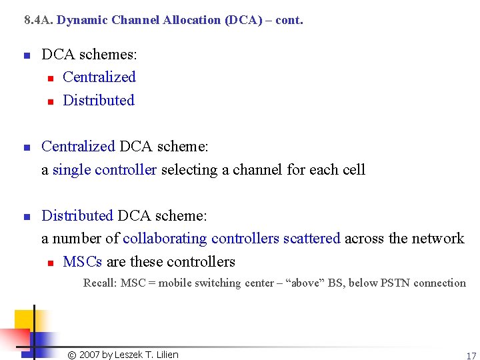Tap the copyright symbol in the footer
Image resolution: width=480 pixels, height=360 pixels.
[x=72, y=355]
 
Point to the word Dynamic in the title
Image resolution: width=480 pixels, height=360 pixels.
[x=83, y=20]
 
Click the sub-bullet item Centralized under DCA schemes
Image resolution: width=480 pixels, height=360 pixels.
[x=99, y=77]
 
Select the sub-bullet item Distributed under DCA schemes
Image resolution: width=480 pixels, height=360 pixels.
[x=98, y=101]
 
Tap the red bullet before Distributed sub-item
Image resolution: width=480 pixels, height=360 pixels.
[x=49, y=101]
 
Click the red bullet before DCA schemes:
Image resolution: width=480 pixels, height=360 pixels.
[x=27, y=55]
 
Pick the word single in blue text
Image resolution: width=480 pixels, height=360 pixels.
[x=71, y=170]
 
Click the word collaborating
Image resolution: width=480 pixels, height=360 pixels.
[x=165, y=239]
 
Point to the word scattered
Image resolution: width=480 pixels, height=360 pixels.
[x=311, y=239]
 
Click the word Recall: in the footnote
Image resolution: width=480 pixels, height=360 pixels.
[x=100, y=283]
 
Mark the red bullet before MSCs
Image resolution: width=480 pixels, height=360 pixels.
[x=49, y=263]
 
